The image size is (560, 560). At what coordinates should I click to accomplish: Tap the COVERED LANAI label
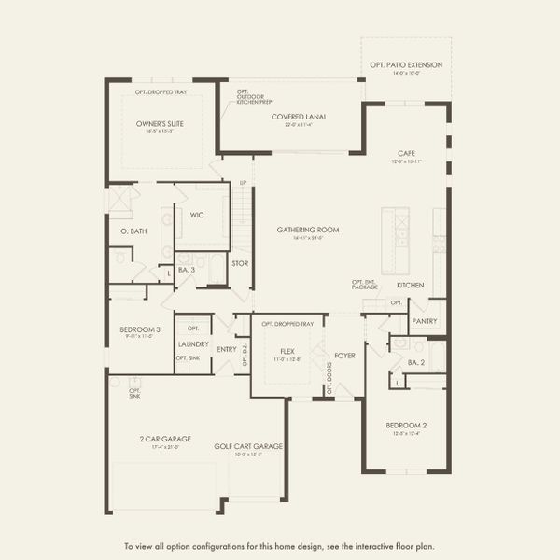pos(298,117)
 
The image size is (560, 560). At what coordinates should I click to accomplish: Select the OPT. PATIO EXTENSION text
pos(406,65)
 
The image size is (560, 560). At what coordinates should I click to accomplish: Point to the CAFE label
pos(406,153)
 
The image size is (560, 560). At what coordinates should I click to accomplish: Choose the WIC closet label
pos(197,215)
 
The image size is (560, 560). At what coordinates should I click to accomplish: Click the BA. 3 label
pos(188,272)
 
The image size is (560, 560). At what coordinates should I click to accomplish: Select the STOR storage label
pos(239,263)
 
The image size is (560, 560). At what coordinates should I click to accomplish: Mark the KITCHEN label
pos(411,285)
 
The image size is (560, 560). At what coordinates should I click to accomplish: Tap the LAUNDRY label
pos(193,343)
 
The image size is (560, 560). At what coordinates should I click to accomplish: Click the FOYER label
pos(345,355)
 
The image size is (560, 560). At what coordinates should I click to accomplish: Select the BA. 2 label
pos(416,361)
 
